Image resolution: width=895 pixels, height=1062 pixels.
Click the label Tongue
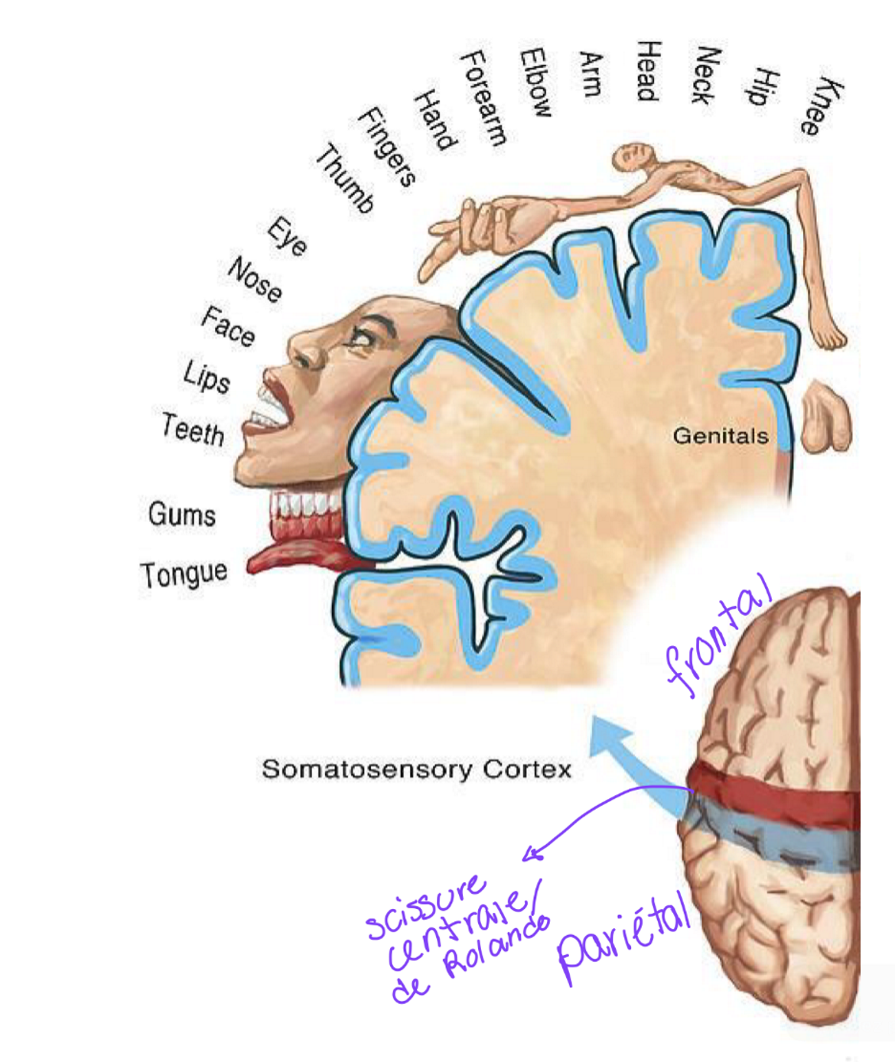pyautogui.click(x=184, y=573)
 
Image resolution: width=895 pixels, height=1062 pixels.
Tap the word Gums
pyautogui.click(x=182, y=514)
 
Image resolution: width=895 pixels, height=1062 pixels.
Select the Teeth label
pyautogui.click(x=193, y=430)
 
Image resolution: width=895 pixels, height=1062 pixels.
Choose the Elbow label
pyautogui.click(x=535, y=83)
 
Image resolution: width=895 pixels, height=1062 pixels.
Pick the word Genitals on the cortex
pyautogui.click(x=720, y=436)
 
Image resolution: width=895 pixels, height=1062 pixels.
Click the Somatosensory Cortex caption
pyautogui.click(x=416, y=768)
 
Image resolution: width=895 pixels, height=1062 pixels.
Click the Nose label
pyautogui.click(x=255, y=280)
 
